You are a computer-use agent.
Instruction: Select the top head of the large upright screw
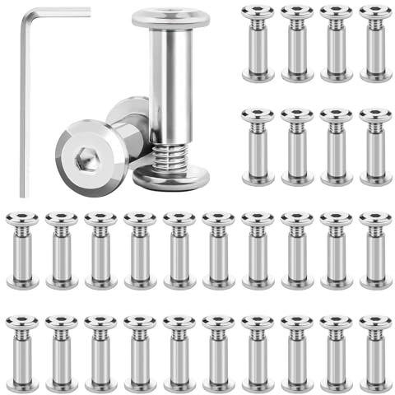click(x=170, y=17)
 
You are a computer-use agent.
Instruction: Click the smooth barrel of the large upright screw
click(x=170, y=82)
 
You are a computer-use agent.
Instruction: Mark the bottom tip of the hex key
click(x=24, y=195)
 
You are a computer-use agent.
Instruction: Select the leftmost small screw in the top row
click(x=258, y=43)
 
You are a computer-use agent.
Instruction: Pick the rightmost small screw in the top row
click(x=376, y=43)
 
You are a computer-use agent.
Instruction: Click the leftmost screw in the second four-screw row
click(x=258, y=146)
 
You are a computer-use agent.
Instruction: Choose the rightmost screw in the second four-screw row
click(x=376, y=146)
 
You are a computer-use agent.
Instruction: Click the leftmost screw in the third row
click(x=21, y=249)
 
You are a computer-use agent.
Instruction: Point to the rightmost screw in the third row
click(x=376, y=249)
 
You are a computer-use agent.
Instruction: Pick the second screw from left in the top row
click(x=297, y=43)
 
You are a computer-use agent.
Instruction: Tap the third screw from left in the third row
click(x=100, y=249)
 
